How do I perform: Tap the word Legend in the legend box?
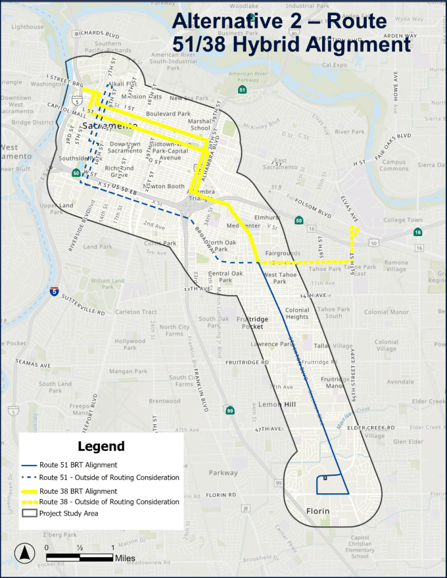[101, 446]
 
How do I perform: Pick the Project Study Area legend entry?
[68, 513]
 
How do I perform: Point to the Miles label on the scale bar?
[125, 558]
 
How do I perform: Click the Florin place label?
[318, 512]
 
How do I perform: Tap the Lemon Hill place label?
[277, 405]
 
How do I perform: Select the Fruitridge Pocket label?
[253, 323]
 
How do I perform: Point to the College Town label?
[403, 220]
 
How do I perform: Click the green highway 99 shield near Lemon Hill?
[229, 410]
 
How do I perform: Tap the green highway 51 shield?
[242, 90]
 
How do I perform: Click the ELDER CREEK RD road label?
[370, 428]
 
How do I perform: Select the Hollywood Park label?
[130, 344]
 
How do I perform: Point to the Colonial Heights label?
[297, 313]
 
